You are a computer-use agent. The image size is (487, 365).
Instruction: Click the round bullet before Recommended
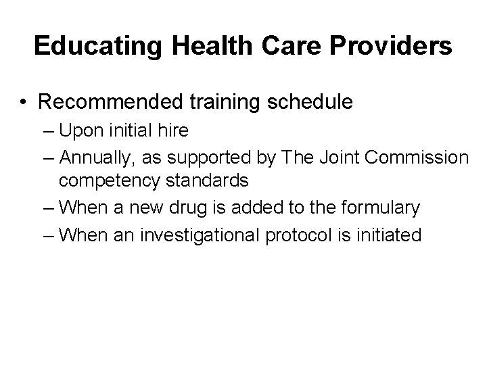[24, 103]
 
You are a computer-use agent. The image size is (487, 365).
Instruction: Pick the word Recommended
[108, 102]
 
